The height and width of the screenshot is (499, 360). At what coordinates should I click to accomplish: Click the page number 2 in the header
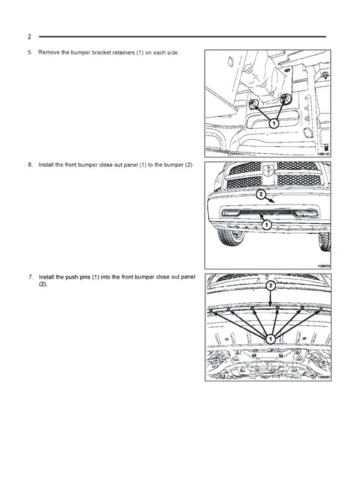[x=29, y=36]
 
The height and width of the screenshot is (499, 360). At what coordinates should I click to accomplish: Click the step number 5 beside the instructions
[x=30, y=53]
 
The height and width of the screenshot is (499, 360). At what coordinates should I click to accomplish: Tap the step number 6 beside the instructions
[x=30, y=165]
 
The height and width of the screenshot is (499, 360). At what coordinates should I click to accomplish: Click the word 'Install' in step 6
[x=46, y=165]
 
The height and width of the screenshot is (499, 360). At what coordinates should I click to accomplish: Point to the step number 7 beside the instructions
[x=31, y=277]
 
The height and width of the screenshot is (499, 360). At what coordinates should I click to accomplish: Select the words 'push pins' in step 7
[x=78, y=277]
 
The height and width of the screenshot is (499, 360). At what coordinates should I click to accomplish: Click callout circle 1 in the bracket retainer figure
[x=274, y=123]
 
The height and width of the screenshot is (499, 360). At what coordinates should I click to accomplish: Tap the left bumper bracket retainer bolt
[x=253, y=103]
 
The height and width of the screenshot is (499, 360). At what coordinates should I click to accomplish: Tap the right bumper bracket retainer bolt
[x=285, y=98]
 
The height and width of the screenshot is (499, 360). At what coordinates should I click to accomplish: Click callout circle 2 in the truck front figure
[x=261, y=195]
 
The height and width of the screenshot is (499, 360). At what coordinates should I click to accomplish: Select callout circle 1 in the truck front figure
[x=267, y=225]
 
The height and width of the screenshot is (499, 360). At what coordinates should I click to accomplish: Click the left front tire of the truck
[x=231, y=237]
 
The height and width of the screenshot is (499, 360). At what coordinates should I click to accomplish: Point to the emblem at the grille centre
[x=269, y=170]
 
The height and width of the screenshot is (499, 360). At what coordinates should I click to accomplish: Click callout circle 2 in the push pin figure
[x=270, y=286]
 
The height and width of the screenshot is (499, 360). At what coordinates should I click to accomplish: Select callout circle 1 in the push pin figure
[x=270, y=339]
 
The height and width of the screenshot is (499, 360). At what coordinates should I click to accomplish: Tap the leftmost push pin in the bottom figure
[x=211, y=311]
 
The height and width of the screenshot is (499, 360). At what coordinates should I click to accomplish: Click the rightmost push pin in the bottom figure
[x=321, y=309]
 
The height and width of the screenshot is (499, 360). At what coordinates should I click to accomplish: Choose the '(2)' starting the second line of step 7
[x=43, y=284]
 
